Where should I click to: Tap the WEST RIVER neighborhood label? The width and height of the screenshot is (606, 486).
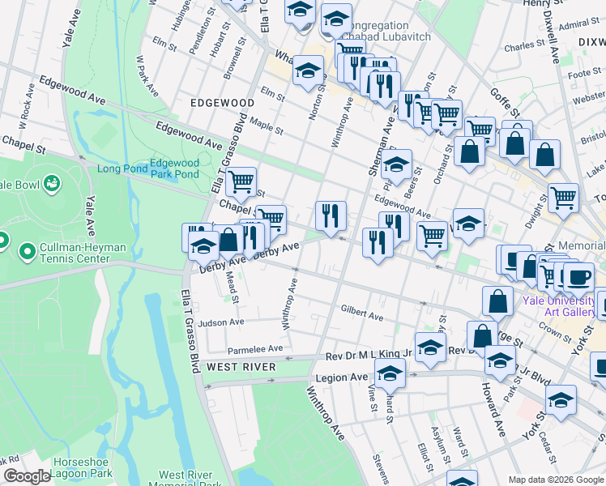[241, 367]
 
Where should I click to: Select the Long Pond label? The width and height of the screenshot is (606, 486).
[121, 168]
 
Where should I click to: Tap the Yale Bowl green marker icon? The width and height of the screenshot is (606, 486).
[53, 183]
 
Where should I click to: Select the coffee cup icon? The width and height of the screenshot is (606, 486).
[578, 276]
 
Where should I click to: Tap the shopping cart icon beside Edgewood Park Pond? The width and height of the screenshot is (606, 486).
[241, 181]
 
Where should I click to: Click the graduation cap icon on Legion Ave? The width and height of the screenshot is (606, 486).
[390, 373]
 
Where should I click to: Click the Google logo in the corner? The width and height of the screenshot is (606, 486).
[27, 477]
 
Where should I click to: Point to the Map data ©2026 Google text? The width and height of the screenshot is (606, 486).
[556, 479]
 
